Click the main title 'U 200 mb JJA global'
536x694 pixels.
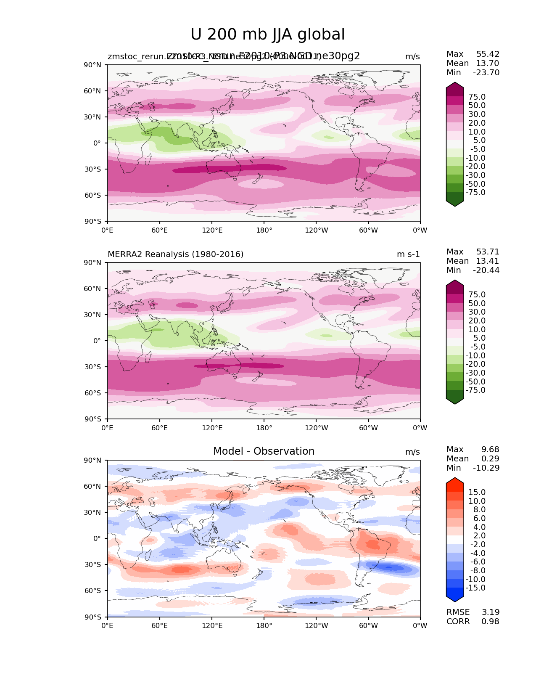tap(267, 35)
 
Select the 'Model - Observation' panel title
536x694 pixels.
tap(264, 451)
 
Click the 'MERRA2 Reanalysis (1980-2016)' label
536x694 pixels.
tap(176, 254)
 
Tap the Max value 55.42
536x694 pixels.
tap(488, 54)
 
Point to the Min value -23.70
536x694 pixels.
tap(486, 73)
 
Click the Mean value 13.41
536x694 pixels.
tap(488, 261)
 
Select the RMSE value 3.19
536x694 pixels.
tap(490, 612)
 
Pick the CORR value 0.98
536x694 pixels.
tap(490, 622)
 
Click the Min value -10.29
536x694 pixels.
tap(486, 468)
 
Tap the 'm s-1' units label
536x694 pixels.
tap(408, 254)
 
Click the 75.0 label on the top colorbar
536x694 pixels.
tap(477, 97)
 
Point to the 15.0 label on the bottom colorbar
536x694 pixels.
tap(477, 493)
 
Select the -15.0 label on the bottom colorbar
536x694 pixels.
tap(475, 588)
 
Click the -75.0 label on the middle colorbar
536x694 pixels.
tap(475, 390)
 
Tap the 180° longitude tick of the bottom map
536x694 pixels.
tap(264, 626)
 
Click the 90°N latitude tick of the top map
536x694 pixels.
tap(92, 65)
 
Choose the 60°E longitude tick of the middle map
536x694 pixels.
tap(160, 428)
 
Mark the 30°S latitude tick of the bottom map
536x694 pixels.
tap(92, 565)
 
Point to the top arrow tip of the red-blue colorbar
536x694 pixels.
tap(455, 479)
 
